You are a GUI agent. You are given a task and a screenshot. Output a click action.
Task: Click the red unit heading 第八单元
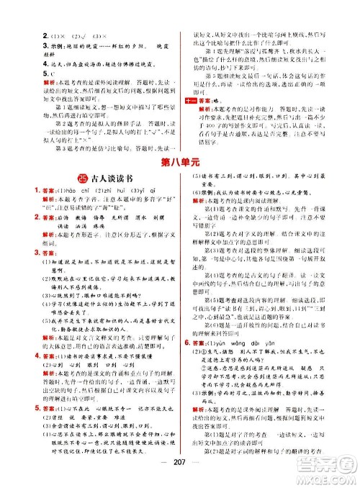(x=180, y=162)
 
